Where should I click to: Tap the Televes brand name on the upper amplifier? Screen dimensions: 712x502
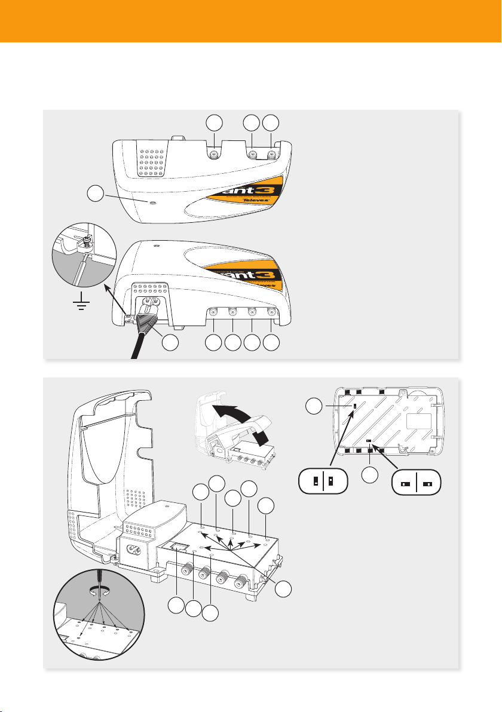pyautogui.click(x=279, y=202)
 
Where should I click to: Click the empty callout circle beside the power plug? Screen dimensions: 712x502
pyautogui.click(x=171, y=343)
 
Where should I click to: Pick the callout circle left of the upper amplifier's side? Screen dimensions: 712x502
pyautogui.click(x=93, y=194)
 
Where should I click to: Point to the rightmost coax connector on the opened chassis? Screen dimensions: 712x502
pyautogui.click(x=243, y=579)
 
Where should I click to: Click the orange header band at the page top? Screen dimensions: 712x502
pyautogui.click(x=251, y=21)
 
